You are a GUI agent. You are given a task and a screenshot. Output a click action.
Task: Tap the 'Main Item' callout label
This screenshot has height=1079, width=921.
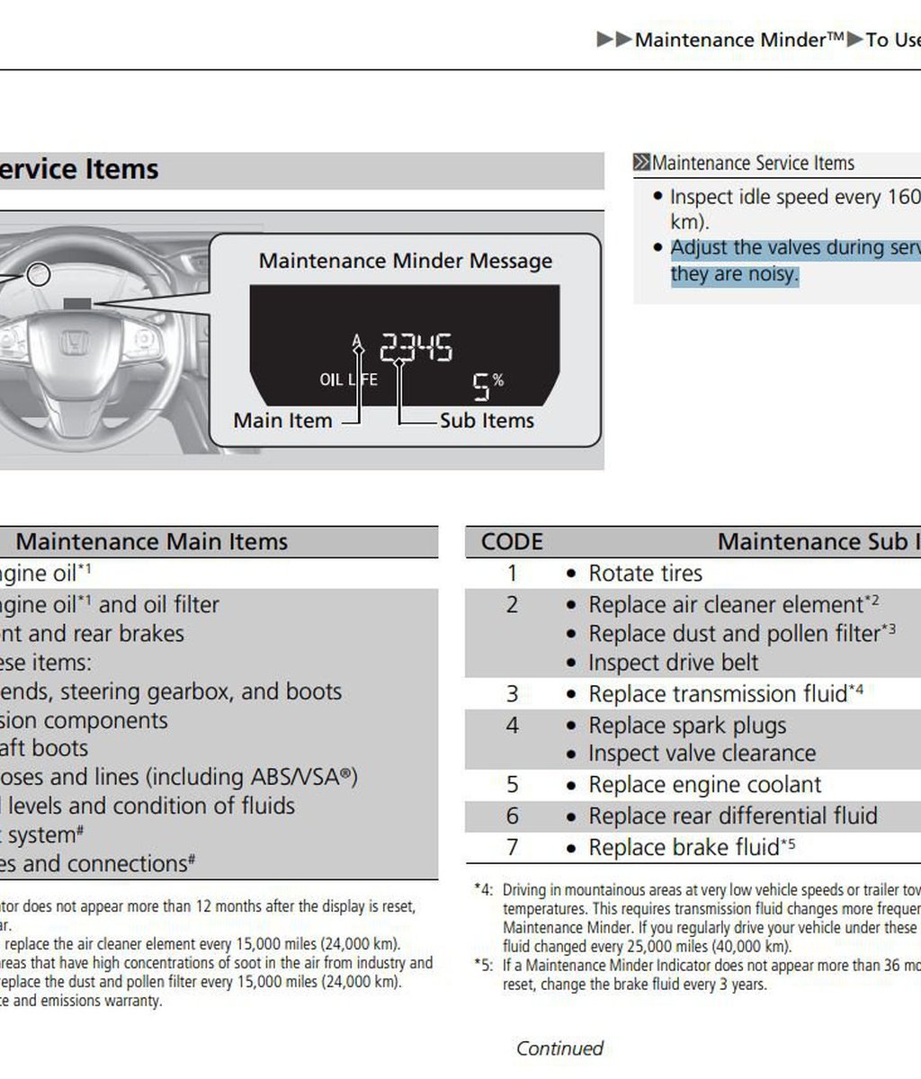tap(282, 421)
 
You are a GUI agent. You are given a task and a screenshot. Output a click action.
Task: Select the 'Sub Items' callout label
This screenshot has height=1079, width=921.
tap(487, 421)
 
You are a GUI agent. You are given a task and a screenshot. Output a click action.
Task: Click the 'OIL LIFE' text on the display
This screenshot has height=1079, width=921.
tap(348, 379)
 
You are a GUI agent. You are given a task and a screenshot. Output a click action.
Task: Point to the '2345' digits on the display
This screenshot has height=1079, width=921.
tap(416, 347)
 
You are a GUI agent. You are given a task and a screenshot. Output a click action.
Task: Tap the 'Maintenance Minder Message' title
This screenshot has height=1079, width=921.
tap(406, 261)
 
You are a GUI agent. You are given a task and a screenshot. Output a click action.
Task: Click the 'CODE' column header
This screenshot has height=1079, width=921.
tap(512, 541)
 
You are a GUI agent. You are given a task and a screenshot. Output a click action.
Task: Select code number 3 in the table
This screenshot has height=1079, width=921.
tap(512, 694)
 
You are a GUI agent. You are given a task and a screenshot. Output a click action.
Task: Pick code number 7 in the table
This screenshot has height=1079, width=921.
tap(512, 847)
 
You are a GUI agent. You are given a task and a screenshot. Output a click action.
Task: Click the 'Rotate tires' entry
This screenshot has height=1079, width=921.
tap(645, 574)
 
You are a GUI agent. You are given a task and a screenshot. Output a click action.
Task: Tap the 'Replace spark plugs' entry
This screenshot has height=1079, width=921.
tap(687, 725)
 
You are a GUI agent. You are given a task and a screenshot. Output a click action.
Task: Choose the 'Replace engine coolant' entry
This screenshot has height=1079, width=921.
tap(704, 785)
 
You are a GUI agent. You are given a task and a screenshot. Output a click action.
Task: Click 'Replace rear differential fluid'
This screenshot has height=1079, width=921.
tap(732, 816)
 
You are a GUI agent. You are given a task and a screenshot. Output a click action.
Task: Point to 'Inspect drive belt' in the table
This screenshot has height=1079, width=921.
tap(673, 663)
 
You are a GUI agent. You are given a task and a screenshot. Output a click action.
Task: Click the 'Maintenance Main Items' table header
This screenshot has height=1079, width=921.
tap(152, 541)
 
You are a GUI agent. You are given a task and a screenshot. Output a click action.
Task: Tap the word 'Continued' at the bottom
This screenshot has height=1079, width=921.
tap(559, 1048)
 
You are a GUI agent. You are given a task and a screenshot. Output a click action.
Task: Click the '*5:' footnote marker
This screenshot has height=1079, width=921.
tap(484, 966)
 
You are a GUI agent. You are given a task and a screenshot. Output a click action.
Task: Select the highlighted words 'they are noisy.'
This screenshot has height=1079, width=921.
tap(734, 273)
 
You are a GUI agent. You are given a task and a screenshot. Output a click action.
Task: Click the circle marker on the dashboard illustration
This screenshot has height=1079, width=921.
tap(38, 274)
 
